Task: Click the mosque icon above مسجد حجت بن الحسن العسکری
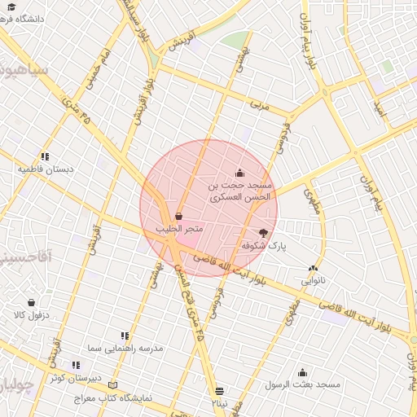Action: [239, 173]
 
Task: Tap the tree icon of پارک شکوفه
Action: [262, 233]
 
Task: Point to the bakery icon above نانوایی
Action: [314, 268]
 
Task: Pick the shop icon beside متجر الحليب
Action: [178, 217]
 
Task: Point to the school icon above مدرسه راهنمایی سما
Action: [125, 335]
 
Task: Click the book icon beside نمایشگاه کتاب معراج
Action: [112, 384]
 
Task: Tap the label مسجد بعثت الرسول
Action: [303, 384]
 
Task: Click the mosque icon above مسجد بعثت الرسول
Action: [303, 371]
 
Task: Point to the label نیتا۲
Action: [219, 403]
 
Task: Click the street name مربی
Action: [259, 106]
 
